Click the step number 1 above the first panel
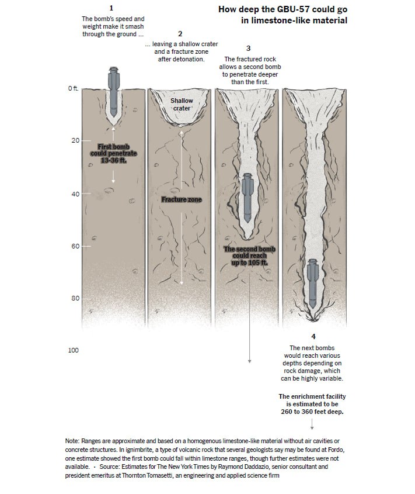click(111, 8)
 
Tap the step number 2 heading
click(180, 33)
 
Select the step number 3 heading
click(249, 48)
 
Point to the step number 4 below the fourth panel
click(313, 337)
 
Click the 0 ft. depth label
click(73, 88)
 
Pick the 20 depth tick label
click(74, 141)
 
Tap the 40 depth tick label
click(74, 194)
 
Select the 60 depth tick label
click(74, 246)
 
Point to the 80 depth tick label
click(74, 299)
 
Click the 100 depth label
click(73, 351)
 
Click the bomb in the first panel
click(113, 94)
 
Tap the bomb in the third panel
click(247, 196)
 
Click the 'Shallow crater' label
click(182, 105)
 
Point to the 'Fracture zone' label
click(182, 200)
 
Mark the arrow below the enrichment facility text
click(313, 426)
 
